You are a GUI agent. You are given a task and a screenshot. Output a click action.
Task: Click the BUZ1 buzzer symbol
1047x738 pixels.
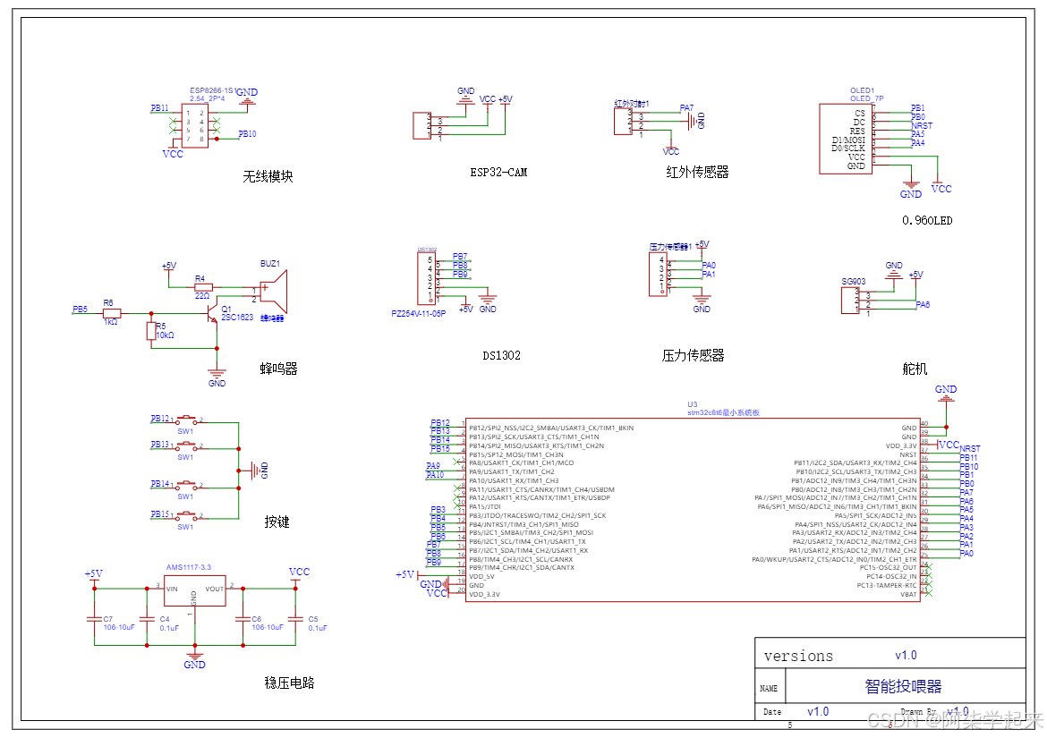[x=272, y=292]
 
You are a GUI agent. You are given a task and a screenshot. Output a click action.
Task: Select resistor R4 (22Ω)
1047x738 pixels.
[x=203, y=288]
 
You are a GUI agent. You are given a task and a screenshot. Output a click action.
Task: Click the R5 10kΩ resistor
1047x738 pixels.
[x=151, y=332]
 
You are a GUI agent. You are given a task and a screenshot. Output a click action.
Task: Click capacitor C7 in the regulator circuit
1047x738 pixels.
[x=94, y=619]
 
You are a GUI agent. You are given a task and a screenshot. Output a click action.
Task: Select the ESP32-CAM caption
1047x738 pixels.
[x=498, y=172]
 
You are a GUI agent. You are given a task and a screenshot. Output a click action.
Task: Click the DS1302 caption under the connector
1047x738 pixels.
[x=501, y=355]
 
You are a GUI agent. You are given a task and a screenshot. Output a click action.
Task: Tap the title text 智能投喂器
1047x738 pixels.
[x=903, y=686]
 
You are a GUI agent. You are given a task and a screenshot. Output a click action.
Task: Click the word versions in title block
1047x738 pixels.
[x=798, y=656]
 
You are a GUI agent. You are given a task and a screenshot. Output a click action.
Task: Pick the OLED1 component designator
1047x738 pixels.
[x=862, y=91]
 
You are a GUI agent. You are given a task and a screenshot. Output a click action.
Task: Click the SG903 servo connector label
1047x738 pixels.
[x=853, y=281]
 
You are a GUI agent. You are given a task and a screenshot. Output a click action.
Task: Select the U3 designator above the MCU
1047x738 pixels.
[x=692, y=404]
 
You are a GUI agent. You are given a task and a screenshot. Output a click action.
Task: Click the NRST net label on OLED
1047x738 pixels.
[x=922, y=126]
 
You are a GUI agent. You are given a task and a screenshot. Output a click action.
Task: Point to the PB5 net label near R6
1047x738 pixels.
[x=81, y=310]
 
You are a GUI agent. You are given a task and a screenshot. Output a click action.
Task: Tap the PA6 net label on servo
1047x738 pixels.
[x=923, y=305]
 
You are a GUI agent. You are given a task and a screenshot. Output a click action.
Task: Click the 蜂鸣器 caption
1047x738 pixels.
[x=278, y=369]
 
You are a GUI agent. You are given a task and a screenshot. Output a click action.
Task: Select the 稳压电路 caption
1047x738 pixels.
[x=289, y=683]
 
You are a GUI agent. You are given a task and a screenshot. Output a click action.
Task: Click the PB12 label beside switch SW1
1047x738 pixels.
[x=160, y=419]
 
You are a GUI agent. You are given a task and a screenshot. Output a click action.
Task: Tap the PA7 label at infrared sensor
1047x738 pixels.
[x=686, y=108]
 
